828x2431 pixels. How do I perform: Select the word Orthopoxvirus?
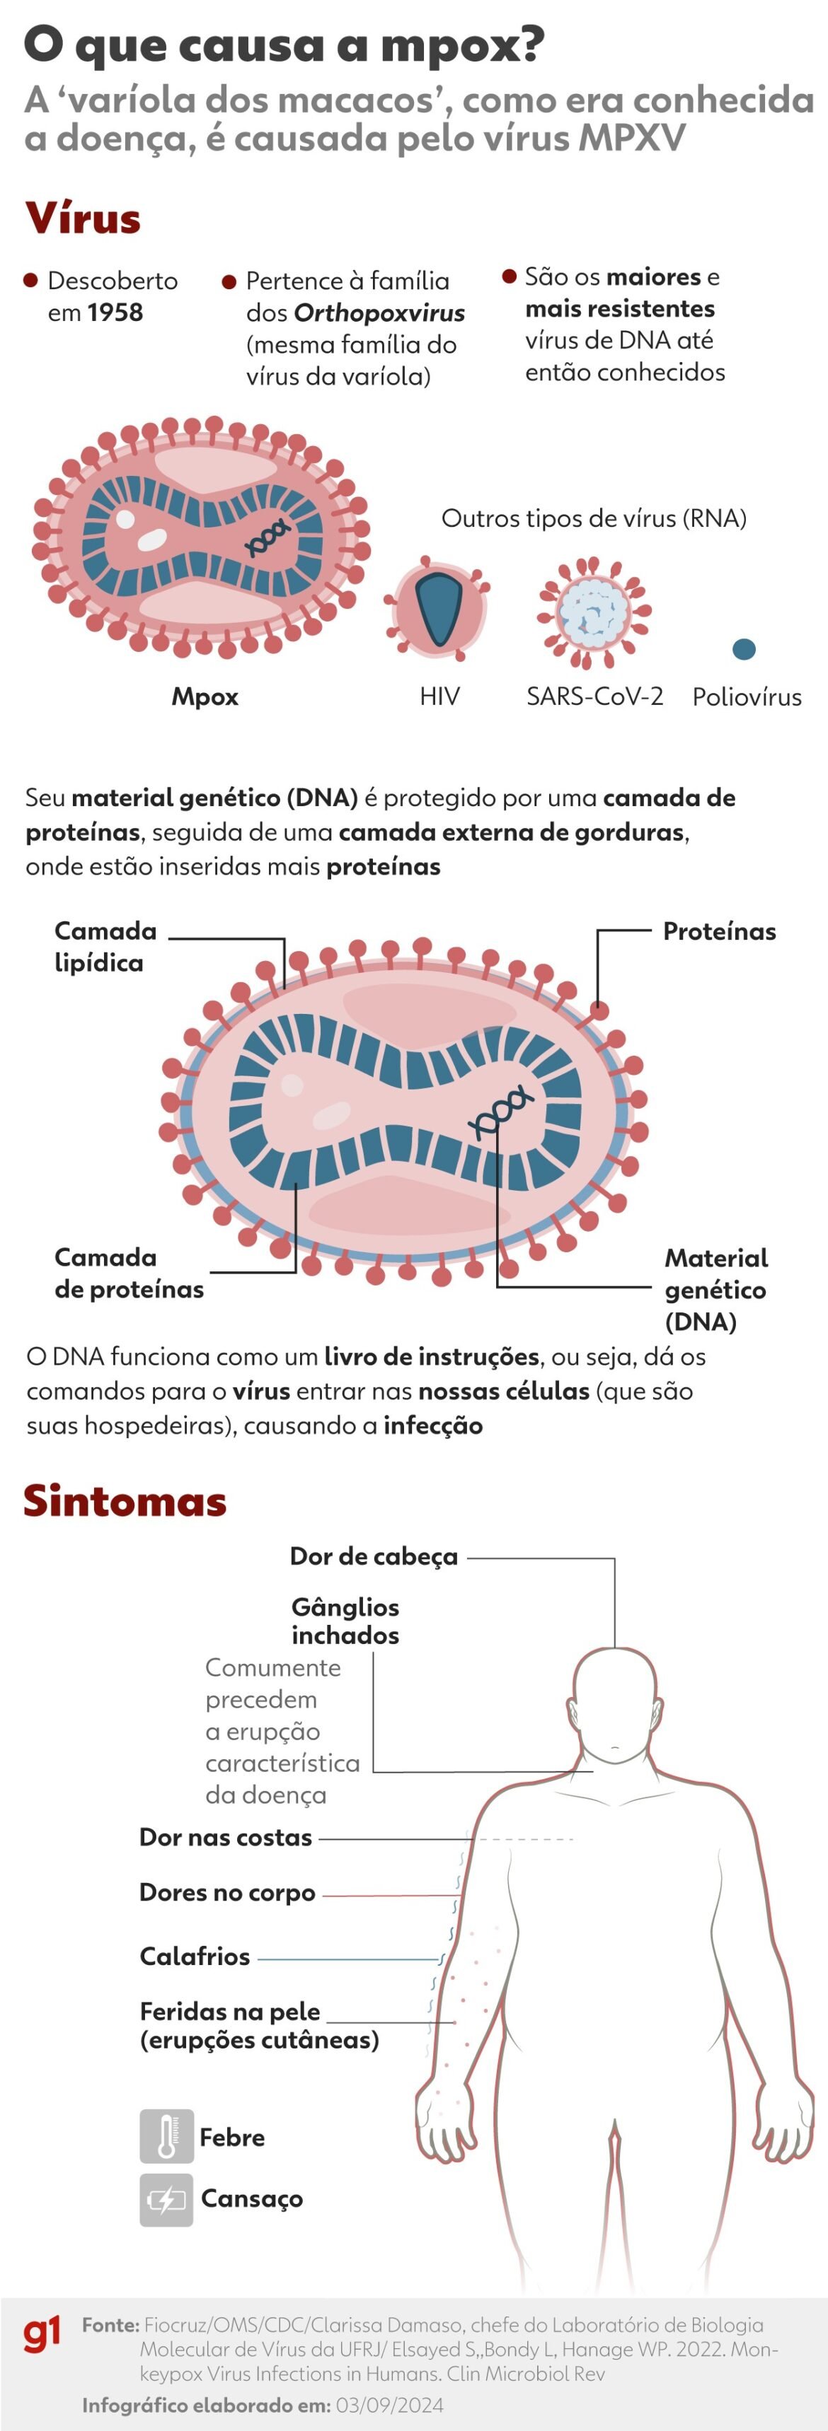click(x=379, y=313)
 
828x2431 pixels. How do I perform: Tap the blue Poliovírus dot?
click(x=744, y=648)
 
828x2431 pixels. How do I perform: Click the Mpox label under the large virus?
click(x=205, y=696)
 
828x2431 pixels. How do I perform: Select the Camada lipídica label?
click(x=104, y=947)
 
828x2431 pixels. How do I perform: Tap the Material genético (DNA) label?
click(x=715, y=1289)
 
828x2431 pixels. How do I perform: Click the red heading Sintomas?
click(x=125, y=1500)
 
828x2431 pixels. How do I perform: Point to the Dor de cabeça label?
click(x=373, y=1557)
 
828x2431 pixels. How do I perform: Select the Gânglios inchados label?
click(x=345, y=1621)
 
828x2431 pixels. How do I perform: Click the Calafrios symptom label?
click(x=195, y=1957)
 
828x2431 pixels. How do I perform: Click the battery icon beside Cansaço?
click(x=166, y=2200)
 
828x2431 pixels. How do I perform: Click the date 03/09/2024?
click(x=389, y=2405)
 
